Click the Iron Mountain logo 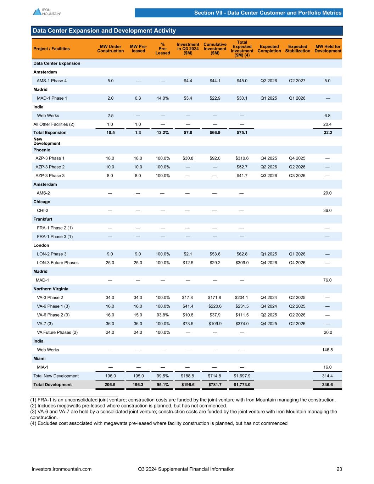click(47, 12)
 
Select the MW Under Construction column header click(110, 49)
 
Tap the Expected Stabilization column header click(297, 49)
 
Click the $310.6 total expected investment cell click(242, 158)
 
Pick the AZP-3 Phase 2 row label click(50, 167)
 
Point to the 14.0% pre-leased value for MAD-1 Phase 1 click(163, 98)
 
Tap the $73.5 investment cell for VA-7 click(188, 324)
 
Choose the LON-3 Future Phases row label click(58, 263)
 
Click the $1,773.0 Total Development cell click(242, 385)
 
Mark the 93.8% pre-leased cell click(163, 315)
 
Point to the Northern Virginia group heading click(51, 289)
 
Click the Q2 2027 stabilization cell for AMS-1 click(297, 81)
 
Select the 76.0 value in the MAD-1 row click(328, 280)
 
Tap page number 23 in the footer click(339, 469)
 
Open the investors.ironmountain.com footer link click(62, 469)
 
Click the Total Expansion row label click(50, 133)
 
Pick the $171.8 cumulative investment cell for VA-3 click(215, 297)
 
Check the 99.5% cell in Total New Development click(163, 376)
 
